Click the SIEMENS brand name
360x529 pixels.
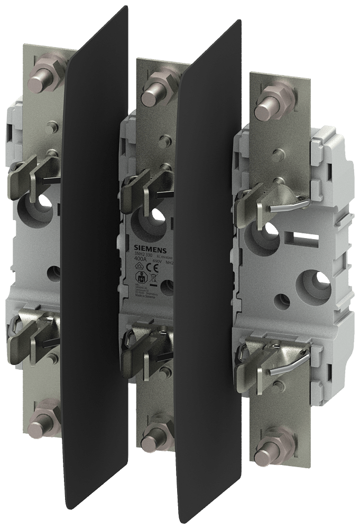[x=153, y=251]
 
